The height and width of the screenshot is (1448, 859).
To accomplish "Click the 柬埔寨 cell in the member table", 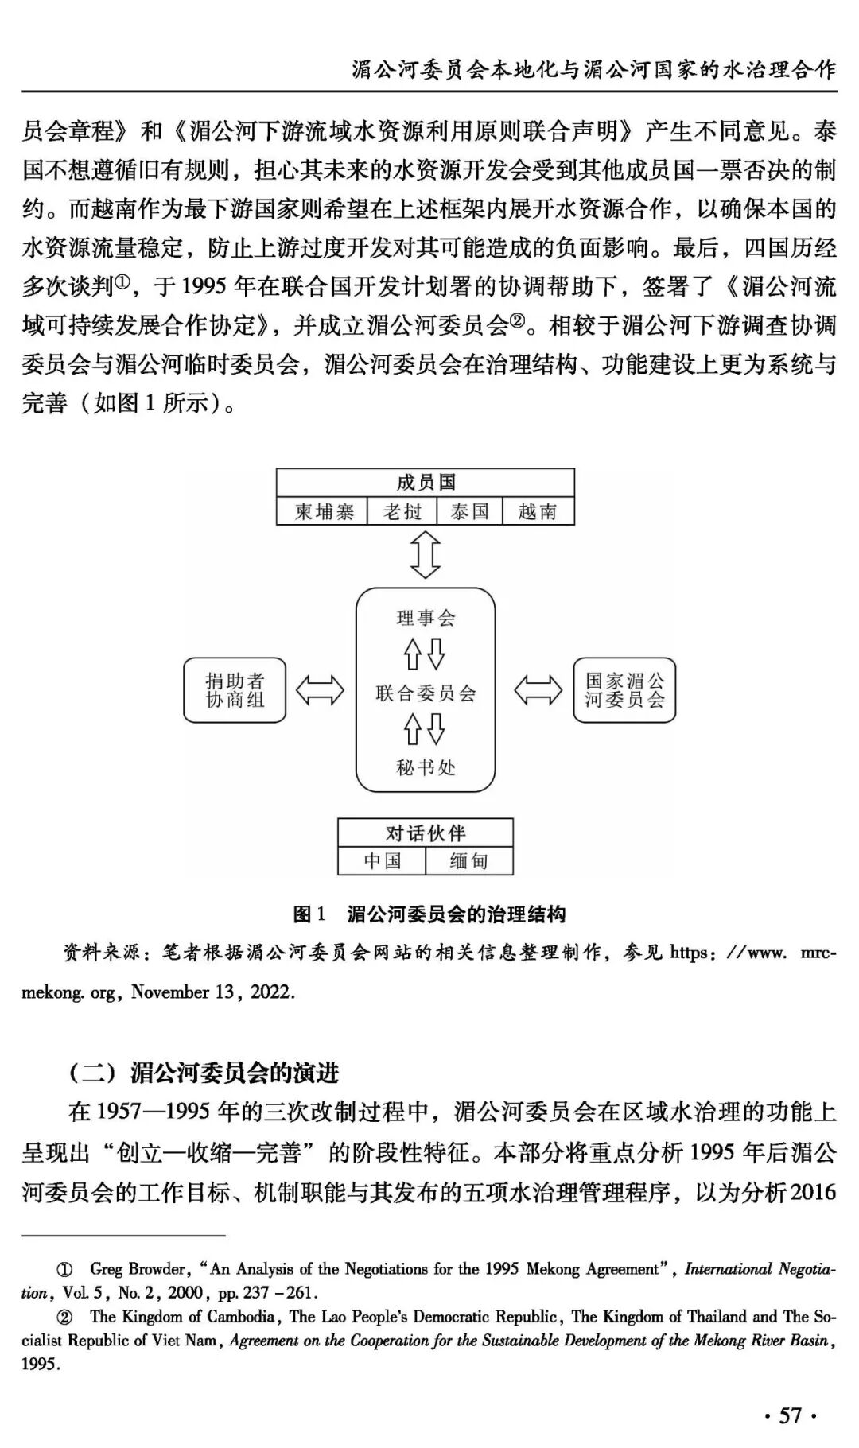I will point(323,511).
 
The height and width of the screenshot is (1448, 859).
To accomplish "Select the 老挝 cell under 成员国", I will point(402,511).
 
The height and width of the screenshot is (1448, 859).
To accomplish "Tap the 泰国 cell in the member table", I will point(469,511).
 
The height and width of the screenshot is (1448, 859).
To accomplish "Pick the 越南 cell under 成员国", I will point(538,511).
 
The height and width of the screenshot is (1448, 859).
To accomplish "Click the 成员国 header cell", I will point(426,483).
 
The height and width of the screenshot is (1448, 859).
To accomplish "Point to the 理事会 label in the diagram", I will point(426,618).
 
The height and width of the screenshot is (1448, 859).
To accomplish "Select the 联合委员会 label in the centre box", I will point(426,693).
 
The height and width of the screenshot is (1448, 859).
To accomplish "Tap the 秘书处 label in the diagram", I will point(426,767).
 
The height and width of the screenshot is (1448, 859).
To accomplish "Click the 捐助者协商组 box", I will point(235,690).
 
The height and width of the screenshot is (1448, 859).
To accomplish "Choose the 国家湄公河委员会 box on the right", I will point(624,690).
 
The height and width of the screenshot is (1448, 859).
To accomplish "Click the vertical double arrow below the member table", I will point(426,555).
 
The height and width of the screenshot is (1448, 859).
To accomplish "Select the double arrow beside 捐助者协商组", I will point(320,690).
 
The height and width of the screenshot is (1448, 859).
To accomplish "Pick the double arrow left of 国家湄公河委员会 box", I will point(538,690).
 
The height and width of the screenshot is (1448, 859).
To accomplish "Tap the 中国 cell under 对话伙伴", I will point(383,861).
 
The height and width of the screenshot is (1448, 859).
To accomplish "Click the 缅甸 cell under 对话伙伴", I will point(468,861).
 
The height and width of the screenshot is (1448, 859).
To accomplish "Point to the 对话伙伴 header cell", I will point(426,833).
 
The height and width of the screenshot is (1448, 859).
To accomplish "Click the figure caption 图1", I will point(309,914).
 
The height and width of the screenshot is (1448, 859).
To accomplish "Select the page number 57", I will point(791,1415).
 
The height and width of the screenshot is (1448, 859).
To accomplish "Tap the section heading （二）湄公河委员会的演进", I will point(204,1073).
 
